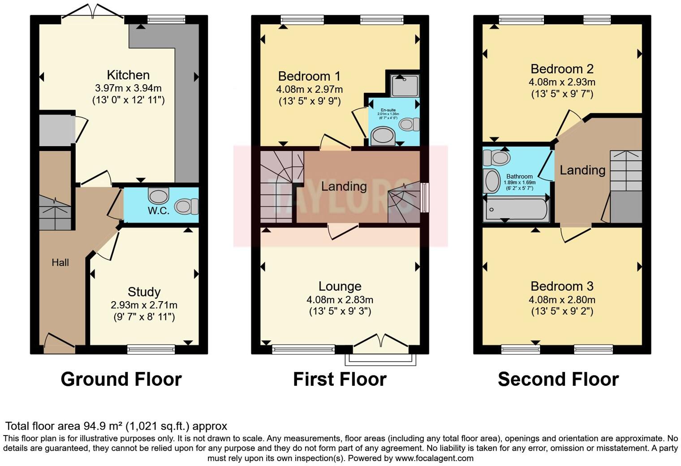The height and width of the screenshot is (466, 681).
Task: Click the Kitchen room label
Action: click(x=128, y=75)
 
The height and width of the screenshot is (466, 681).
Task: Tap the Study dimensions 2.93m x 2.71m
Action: click(x=144, y=305)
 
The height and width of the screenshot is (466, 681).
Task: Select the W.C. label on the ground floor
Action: click(x=158, y=211)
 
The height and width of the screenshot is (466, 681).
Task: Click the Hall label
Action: click(x=60, y=263)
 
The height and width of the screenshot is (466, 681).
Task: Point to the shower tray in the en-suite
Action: click(x=405, y=85)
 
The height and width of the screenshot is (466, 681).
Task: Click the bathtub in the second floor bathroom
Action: click(x=517, y=209)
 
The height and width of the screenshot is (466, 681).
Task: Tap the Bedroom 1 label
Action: click(x=309, y=76)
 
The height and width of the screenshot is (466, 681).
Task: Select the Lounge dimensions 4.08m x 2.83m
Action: click(x=340, y=300)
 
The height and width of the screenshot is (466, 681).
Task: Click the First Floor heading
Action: click(x=340, y=379)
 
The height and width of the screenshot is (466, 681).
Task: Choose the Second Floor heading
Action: click(x=558, y=379)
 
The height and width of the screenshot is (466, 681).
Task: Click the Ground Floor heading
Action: click(x=121, y=379)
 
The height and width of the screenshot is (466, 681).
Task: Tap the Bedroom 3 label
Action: click(x=562, y=286)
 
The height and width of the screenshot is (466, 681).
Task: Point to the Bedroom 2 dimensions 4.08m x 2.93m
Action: click(x=562, y=82)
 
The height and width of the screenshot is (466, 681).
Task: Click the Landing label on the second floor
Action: click(x=582, y=170)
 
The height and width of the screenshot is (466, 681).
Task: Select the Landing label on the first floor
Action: click(x=344, y=186)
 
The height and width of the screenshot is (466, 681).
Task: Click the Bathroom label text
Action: click(x=519, y=177)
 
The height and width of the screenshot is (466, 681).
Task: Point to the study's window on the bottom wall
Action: click(x=151, y=349)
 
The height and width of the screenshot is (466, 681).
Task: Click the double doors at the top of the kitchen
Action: click(x=93, y=11)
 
